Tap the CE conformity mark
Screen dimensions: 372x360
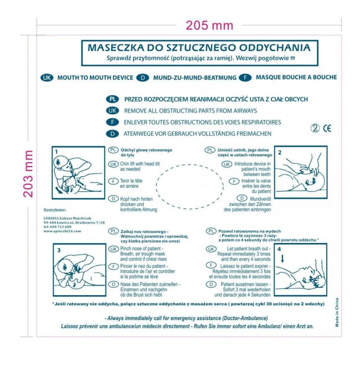(327, 128)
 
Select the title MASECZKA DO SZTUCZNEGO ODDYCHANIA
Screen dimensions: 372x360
(199, 48)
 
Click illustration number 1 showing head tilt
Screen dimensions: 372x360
(78, 173)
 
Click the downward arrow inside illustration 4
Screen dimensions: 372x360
(282, 258)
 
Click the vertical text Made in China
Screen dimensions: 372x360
(337, 313)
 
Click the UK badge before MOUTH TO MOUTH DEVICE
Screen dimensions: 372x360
(47, 77)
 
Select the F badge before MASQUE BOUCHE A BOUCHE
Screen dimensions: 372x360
(244, 77)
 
